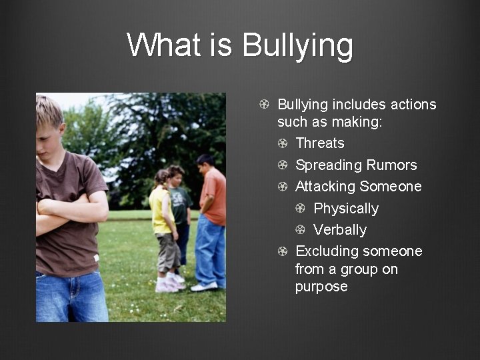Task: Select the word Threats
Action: pos(320,143)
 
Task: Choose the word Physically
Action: pos(346,209)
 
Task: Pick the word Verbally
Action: pos(340,230)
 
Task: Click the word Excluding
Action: pos(326,251)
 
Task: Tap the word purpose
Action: pos(321,287)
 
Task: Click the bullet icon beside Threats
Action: pos(283,143)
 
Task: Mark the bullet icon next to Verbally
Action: pos(301,230)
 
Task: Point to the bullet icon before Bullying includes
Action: pos(265,105)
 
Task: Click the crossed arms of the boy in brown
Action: pos(70,213)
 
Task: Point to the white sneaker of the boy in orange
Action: pos(204,286)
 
